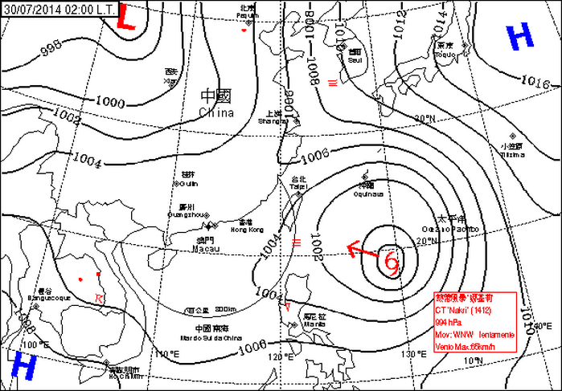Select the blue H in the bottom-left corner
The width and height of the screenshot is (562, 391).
[x=23, y=367]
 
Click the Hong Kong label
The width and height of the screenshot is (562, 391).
[x=246, y=230]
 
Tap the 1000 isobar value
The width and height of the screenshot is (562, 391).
[x=110, y=102]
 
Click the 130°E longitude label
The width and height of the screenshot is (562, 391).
[x=415, y=353]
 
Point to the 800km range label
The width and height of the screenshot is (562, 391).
[x=226, y=310]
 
